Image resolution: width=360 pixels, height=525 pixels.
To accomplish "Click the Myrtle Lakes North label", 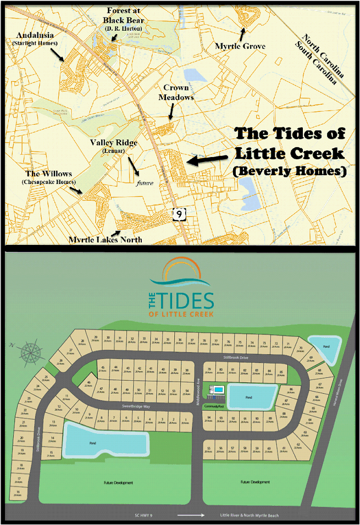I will coord(105,239).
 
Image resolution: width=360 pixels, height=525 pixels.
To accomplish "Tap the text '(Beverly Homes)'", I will coord(289,171).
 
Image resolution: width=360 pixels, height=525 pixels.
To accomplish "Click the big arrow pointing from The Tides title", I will coord(208,159).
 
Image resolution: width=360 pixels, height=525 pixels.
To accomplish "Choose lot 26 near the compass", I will coord(60,361).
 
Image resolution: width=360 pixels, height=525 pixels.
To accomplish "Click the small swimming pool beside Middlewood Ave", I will coord(216,390).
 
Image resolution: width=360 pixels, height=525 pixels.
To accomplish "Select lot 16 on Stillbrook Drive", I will coord(18,493).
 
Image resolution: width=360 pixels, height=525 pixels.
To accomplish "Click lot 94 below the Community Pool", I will coord(209,419).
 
